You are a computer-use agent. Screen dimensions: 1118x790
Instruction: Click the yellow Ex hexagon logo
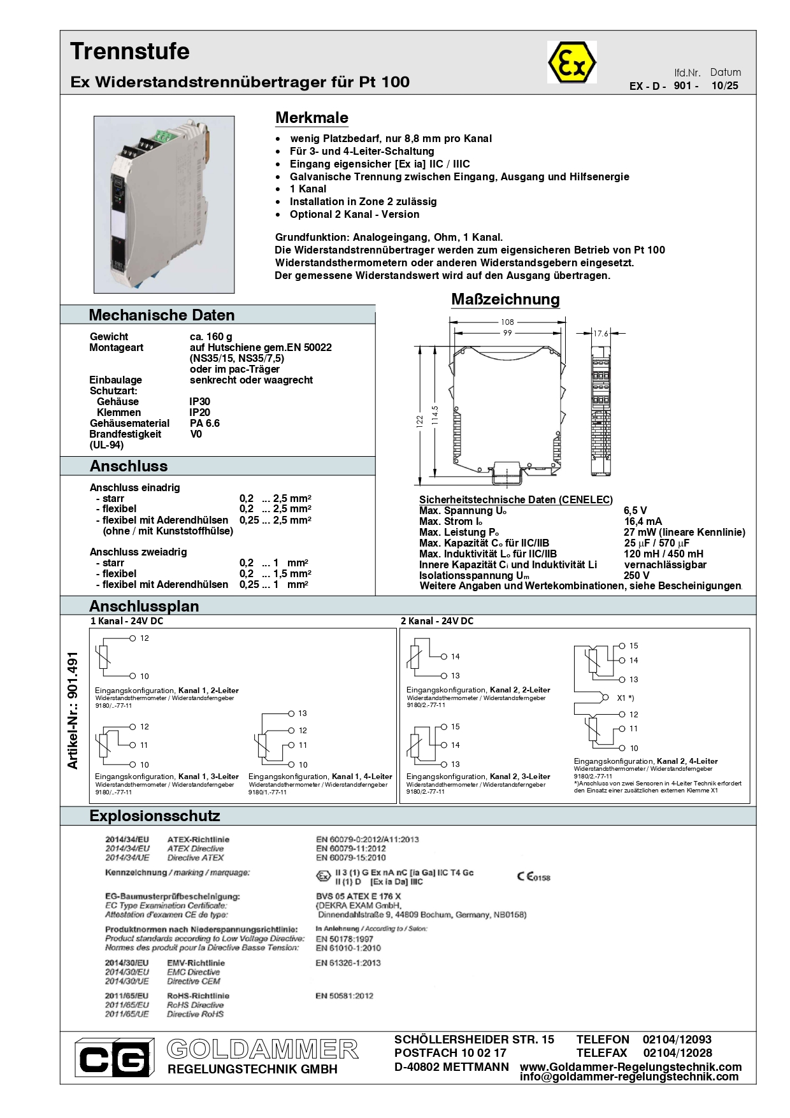click(x=571, y=62)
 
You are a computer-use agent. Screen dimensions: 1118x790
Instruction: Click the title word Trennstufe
click(x=130, y=52)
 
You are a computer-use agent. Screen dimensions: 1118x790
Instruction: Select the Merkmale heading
click(x=312, y=118)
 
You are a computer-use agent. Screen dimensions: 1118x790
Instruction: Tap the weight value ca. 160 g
click(x=211, y=336)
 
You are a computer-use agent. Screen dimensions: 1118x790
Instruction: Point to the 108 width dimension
click(x=507, y=322)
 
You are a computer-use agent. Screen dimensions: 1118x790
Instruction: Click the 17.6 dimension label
click(x=601, y=333)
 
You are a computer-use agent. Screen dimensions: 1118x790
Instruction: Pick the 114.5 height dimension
click(x=435, y=415)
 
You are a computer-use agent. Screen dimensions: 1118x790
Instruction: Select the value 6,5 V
click(x=635, y=511)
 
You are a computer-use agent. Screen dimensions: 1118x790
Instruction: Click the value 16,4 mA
click(x=643, y=522)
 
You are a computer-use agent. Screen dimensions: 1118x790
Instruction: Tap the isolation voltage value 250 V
click(x=636, y=575)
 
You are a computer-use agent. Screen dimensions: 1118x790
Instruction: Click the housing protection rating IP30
click(x=199, y=401)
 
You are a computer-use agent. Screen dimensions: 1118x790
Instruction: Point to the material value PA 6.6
click(x=205, y=423)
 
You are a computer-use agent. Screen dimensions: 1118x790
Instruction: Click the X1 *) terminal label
click(x=625, y=698)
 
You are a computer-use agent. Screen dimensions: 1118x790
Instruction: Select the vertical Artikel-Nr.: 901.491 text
click(x=73, y=710)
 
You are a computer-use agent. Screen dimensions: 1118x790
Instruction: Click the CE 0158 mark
click(x=533, y=877)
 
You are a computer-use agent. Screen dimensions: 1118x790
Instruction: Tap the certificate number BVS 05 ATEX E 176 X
click(x=358, y=896)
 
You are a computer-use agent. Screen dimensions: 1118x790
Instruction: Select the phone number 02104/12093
click(x=677, y=1040)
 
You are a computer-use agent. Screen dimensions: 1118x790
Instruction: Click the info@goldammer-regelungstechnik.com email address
click(x=629, y=1077)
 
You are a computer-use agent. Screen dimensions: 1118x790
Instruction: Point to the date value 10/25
click(x=724, y=86)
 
